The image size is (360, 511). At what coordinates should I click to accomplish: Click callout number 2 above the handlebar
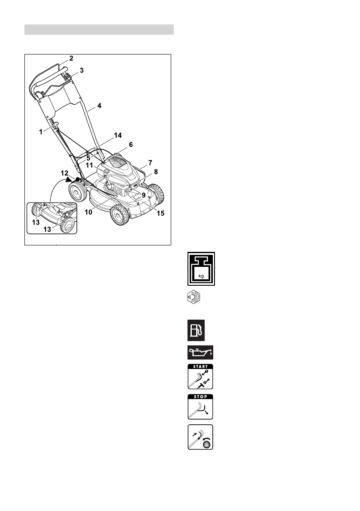tap(72, 58)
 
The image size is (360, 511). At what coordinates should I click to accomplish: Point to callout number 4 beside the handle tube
tap(100, 105)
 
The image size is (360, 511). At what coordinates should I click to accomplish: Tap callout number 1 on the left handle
tap(41, 132)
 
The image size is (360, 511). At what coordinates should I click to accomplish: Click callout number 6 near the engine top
tap(130, 145)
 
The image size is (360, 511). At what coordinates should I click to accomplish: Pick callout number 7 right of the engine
tap(150, 162)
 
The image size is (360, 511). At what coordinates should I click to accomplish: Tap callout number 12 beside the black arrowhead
tap(64, 173)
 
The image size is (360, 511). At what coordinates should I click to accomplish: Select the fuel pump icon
tap(195, 330)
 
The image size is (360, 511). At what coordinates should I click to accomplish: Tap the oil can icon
tap(201, 353)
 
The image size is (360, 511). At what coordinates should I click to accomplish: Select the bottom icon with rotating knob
tap(201, 437)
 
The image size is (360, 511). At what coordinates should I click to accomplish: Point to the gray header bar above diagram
tap(99, 30)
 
